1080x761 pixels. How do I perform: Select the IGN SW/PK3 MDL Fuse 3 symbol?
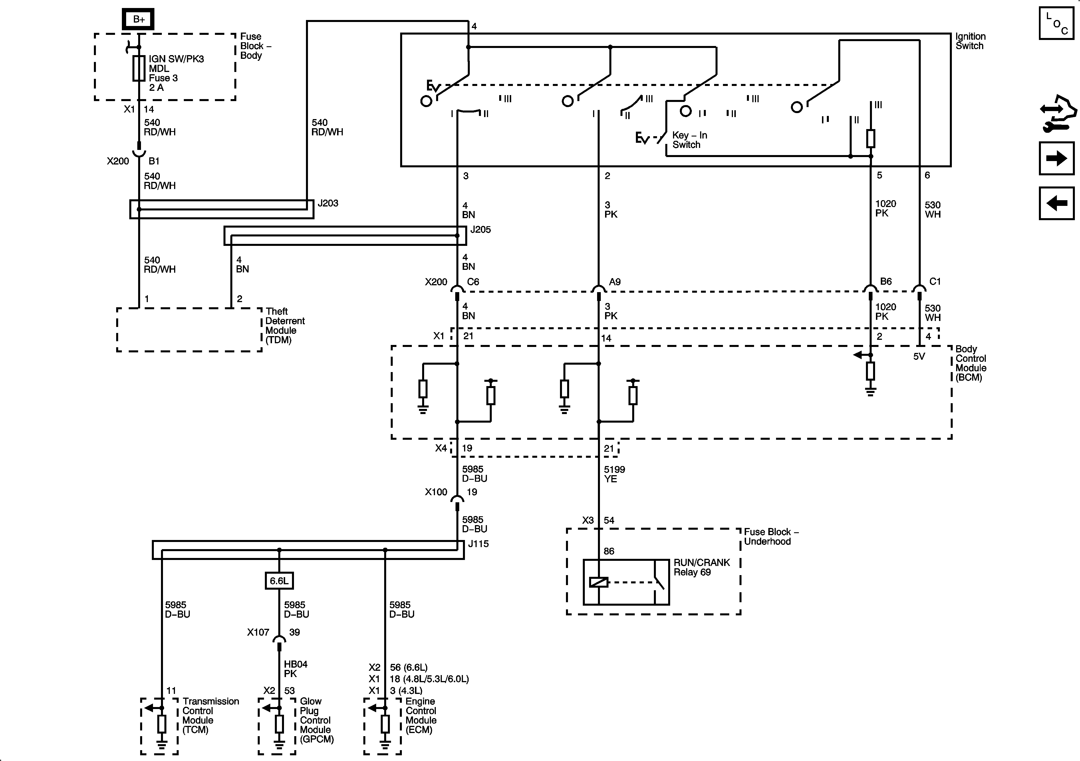pyautogui.click(x=139, y=69)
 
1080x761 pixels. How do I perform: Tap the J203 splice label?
pyautogui.click(x=328, y=203)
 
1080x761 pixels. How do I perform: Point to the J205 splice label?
pyautogui.click(x=480, y=230)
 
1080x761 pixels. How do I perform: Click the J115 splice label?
pyautogui.click(x=478, y=544)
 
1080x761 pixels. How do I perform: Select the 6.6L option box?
pyautogui.click(x=279, y=581)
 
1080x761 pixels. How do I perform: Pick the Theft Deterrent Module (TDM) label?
pyautogui.click(x=285, y=326)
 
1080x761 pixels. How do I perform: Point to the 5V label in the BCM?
pyautogui.click(x=919, y=357)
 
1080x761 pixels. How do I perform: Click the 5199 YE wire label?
pyautogui.click(x=614, y=474)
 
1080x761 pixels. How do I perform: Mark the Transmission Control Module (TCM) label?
pyautogui.click(x=210, y=715)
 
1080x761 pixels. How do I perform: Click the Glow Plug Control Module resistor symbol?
pyautogui.click(x=279, y=724)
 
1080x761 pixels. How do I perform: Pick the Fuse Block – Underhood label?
pyautogui.click(x=771, y=537)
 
